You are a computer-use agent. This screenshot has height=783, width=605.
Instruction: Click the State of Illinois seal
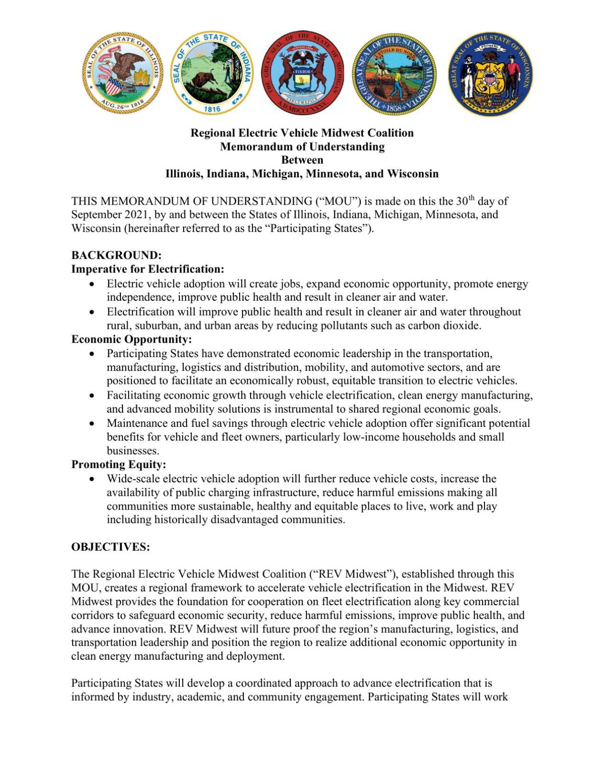pos(123,73)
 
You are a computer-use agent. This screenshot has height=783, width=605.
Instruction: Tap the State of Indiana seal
pos(212,73)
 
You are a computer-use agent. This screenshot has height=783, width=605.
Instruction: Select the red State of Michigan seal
pos(302,73)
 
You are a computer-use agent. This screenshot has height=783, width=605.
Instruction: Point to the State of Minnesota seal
pos(395,73)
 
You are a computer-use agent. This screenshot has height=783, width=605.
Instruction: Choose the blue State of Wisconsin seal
pos(490,74)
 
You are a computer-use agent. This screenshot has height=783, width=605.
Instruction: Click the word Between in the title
pos(302,160)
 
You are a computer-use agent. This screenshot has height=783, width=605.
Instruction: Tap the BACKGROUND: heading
pos(116,255)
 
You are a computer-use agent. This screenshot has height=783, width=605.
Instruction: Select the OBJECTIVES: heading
pos(110,546)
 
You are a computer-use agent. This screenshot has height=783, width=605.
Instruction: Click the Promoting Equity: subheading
pos(119,464)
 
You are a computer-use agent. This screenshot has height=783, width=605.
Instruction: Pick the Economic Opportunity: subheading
pos(132,339)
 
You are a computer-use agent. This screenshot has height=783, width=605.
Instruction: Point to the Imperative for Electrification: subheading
pos(148,269)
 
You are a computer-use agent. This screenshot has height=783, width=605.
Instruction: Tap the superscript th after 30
pos(472,197)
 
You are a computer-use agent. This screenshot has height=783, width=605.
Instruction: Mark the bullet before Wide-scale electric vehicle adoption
pos(92,478)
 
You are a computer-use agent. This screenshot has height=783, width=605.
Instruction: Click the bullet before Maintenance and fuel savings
pos(92,423)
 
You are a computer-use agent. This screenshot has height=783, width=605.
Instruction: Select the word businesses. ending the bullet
pos(133,450)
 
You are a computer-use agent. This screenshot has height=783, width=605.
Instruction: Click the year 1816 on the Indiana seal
pos(212,109)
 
